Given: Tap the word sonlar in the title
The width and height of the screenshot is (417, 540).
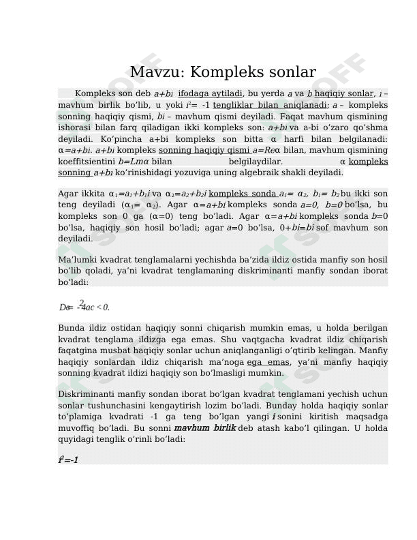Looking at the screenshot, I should pyautogui.click(x=290, y=73).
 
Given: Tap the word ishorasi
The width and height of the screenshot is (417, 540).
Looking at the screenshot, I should pyautogui.click(x=74, y=127).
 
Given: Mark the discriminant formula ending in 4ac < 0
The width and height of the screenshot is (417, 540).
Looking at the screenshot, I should pyautogui.click(x=84, y=307).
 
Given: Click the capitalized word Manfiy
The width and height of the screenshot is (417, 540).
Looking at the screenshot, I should pyautogui.click(x=371, y=350).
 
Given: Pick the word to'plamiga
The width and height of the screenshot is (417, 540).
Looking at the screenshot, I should pyautogui.click(x=80, y=417).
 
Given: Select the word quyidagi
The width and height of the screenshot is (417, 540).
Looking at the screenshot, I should pyautogui.click(x=74, y=440).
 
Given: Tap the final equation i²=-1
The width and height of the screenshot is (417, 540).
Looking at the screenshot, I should pyautogui.click(x=68, y=460).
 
